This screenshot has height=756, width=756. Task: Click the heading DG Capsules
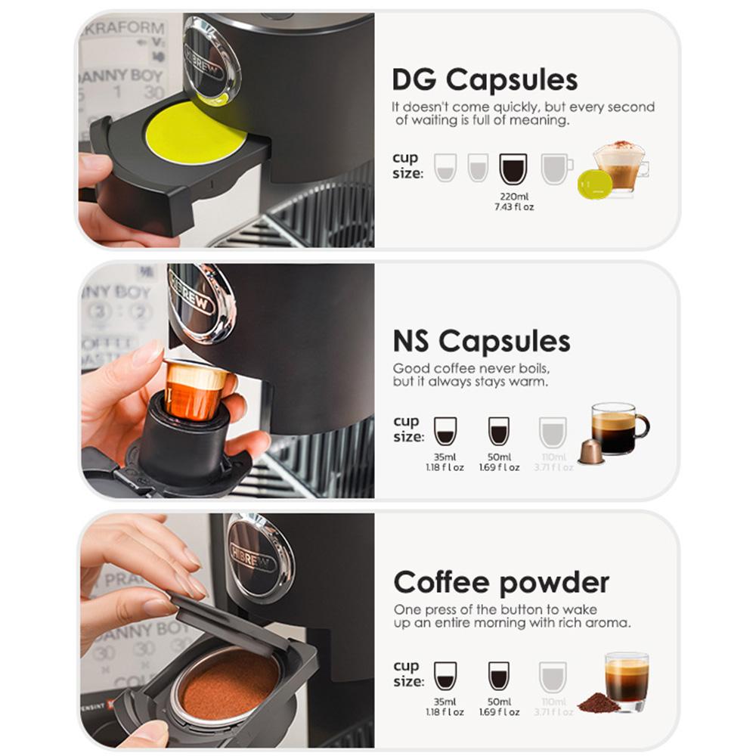click(x=485, y=79)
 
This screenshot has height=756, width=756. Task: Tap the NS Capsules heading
click(x=481, y=341)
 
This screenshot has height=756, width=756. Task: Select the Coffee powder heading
click(x=501, y=582)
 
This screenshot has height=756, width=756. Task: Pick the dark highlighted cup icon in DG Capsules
click(x=513, y=169)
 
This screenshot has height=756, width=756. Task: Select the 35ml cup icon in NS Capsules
click(x=445, y=431)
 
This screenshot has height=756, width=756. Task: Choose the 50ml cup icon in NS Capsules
click(x=498, y=431)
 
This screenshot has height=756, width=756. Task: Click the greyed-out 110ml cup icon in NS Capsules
click(x=553, y=431)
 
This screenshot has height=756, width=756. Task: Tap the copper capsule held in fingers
click(x=194, y=389)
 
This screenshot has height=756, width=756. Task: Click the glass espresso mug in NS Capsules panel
click(x=618, y=428)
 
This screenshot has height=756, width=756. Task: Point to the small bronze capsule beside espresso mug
click(x=590, y=451)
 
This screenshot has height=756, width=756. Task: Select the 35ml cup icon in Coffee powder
click(x=445, y=675)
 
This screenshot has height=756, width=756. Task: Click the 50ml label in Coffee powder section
click(x=499, y=702)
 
